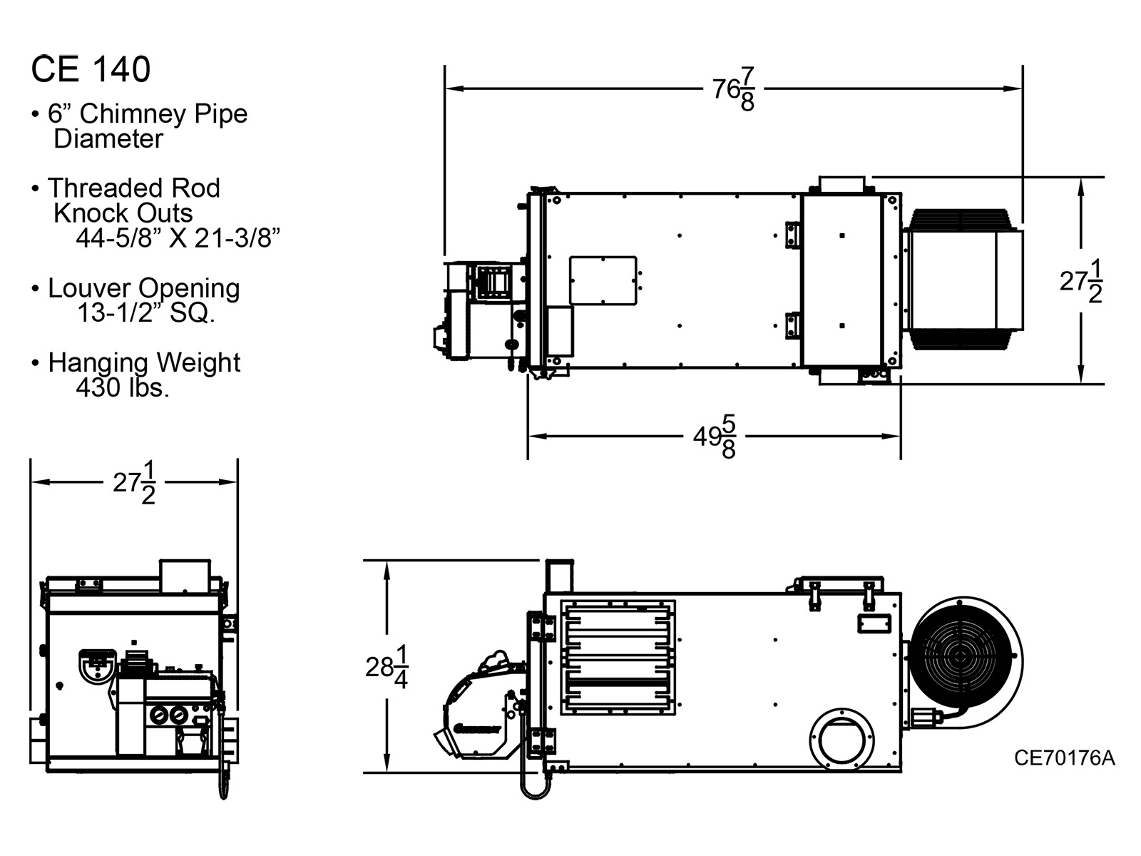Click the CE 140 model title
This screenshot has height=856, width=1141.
91,69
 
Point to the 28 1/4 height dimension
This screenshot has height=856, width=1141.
387,667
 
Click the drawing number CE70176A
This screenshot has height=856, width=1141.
1064,758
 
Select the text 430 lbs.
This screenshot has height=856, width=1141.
123,388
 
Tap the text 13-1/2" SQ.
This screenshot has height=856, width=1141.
145,312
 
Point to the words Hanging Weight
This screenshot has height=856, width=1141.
144,362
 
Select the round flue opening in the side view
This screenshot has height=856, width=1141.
842,738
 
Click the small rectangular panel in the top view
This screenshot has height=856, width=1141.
603,280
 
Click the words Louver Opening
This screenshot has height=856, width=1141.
143,288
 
